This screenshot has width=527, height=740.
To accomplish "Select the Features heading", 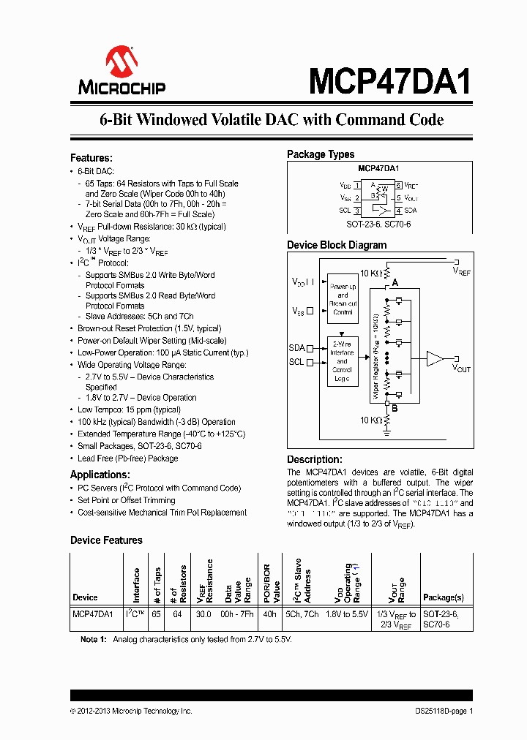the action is pyautogui.click(x=91, y=158).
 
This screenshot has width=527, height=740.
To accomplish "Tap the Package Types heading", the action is pyautogui.click(x=321, y=154).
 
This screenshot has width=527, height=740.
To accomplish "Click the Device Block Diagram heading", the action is pyautogui.click(x=337, y=245).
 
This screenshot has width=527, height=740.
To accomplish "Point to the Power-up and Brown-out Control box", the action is pyautogui.click(x=343, y=299).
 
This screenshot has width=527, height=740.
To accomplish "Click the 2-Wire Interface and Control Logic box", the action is pyautogui.click(x=342, y=361).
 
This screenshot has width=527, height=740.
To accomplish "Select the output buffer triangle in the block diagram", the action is pyautogui.click(x=435, y=358).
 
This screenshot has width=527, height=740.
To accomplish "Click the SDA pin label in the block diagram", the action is pyautogui.click(x=296, y=349).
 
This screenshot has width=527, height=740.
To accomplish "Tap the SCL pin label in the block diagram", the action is pyautogui.click(x=296, y=362).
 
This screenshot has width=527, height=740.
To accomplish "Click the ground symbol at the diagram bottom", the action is pyautogui.click(x=388, y=431).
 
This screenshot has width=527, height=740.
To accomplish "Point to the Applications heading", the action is pyautogui.click(x=100, y=475).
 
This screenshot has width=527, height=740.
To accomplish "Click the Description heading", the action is pyautogui.click(x=314, y=459).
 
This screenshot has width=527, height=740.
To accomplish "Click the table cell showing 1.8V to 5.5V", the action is pyautogui.click(x=347, y=615).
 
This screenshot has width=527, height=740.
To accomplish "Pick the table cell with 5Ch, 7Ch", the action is pyautogui.click(x=302, y=615).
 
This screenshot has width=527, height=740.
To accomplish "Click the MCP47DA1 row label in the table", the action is pyautogui.click(x=93, y=615).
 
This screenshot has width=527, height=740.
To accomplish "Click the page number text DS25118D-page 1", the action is pyautogui.click(x=439, y=711).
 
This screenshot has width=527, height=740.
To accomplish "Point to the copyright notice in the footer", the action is pyautogui.click(x=131, y=711).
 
